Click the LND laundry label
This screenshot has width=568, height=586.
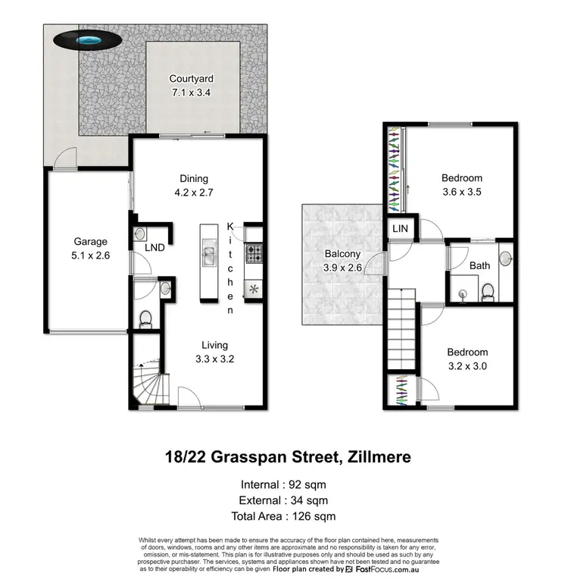[154, 247]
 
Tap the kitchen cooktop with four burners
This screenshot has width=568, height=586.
[252, 254]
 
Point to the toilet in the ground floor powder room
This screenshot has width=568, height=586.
[145, 319]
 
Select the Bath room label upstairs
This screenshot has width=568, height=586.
[479, 265]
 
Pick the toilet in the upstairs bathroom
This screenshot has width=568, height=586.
[488, 290]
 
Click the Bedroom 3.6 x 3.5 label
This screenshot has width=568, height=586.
[462, 185]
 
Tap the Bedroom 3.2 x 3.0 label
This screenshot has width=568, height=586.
[467, 359]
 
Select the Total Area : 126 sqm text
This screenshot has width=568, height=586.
[284, 517]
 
